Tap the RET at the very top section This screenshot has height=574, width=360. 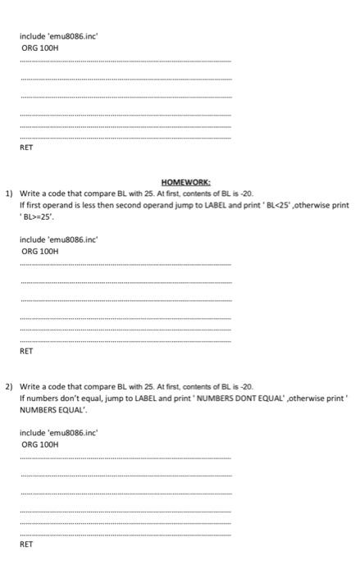(x=27, y=149)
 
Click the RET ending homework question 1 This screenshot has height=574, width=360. (x=27, y=350)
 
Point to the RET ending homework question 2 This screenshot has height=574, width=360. (x=27, y=543)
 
